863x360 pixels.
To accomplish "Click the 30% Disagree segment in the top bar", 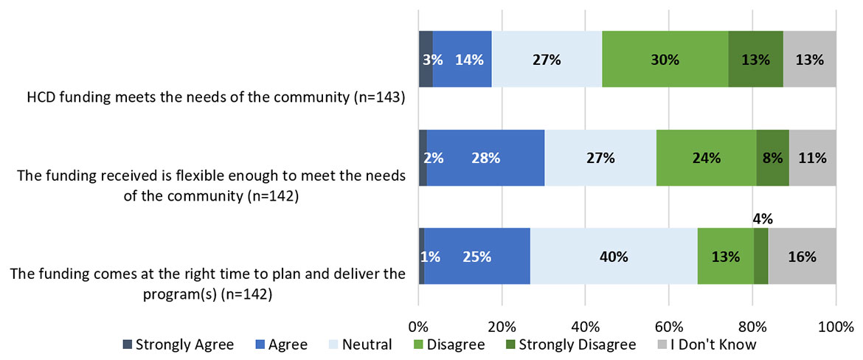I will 665,60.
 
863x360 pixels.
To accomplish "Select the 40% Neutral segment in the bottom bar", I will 613,256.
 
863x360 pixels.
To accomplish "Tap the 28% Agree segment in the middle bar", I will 485,157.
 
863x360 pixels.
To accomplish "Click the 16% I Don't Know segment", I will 802,256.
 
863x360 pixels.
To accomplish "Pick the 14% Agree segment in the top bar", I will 462,60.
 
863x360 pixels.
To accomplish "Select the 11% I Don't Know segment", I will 812,157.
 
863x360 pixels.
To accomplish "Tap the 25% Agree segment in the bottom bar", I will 476,256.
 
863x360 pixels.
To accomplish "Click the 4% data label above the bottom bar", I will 761,219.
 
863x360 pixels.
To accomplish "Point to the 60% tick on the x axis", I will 668,325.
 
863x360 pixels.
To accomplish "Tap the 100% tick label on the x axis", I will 836,325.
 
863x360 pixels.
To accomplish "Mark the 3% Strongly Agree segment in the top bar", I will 426,60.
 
